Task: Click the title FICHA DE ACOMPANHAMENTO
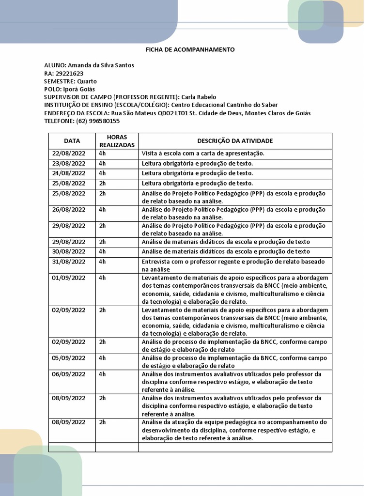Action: [190, 49]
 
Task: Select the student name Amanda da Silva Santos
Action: [101, 65]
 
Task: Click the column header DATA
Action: [72, 141]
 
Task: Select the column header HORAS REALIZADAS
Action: [117, 141]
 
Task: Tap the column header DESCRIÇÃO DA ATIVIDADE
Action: [235, 141]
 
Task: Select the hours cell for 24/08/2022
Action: [102, 173]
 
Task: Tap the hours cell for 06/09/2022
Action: [102, 374]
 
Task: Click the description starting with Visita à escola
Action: [203, 154]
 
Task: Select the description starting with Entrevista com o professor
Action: [233, 265]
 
